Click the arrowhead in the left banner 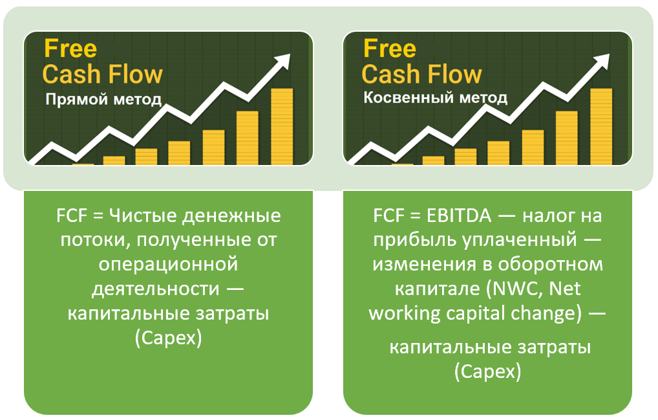(282, 61)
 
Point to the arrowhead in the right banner (601, 61)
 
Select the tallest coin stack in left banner (282, 126)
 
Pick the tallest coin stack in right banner (601, 126)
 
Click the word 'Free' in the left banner (70, 49)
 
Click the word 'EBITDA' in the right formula (459, 216)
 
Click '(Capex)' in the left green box (168, 338)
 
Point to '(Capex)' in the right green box (487, 371)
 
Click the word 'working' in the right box (405, 314)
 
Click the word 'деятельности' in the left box (156, 289)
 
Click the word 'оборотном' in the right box (550, 265)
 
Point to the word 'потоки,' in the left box (96, 240)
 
